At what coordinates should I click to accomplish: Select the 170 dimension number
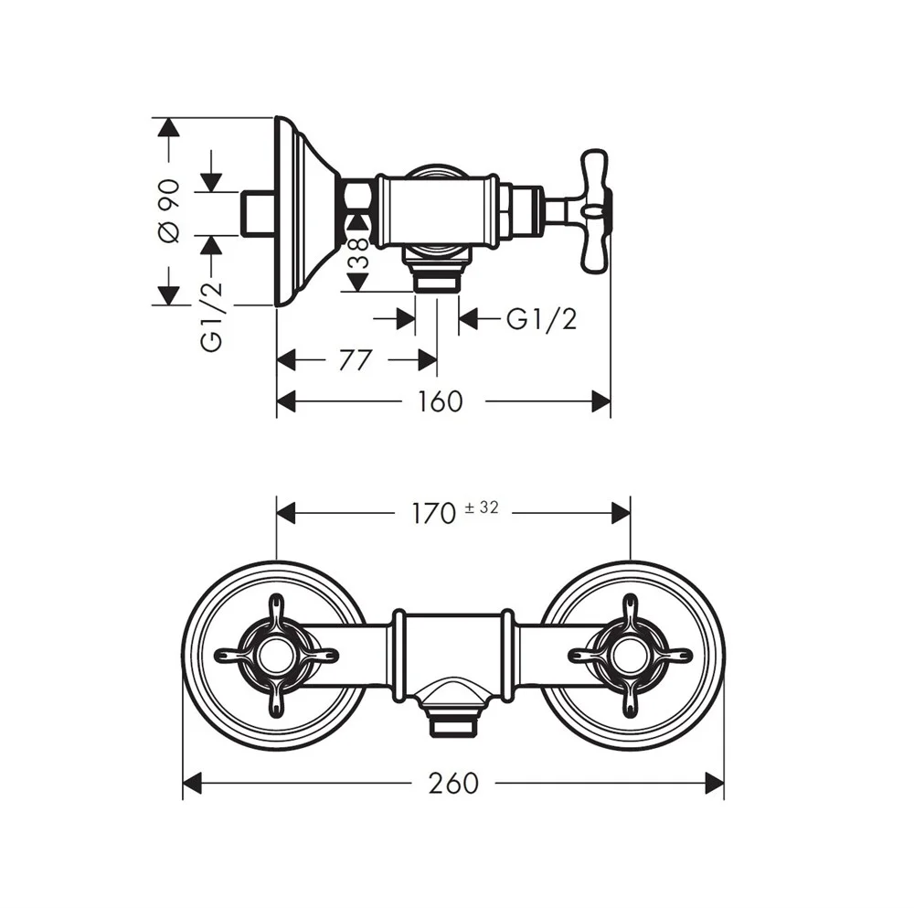433,513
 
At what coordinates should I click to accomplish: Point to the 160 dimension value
441,401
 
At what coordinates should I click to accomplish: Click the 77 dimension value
355,360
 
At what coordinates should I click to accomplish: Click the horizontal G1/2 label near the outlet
543,319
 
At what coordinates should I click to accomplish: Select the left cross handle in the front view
276,655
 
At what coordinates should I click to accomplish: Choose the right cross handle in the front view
630,655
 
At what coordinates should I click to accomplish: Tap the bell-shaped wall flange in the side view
306,211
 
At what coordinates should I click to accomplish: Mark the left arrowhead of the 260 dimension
192,783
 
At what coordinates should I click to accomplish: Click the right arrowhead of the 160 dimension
600,401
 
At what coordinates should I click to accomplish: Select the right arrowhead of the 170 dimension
621,513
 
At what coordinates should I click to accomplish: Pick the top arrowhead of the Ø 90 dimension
167,128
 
